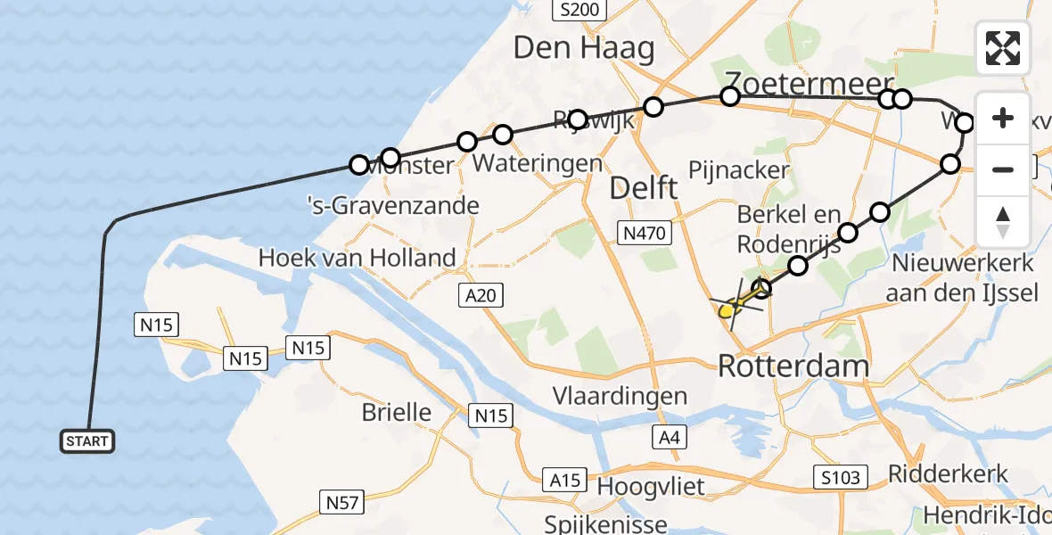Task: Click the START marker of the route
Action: (x=87, y=440)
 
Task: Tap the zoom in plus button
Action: (x=1003, y=119)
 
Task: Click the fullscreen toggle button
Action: (x=1003, y=48)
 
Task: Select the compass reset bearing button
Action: (x=1003, y=220)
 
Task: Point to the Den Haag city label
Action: (x=583, y=48)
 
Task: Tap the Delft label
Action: (x=643, y=188)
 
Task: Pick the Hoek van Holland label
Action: (x=357, y=259)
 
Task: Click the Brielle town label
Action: (x=397, y=413)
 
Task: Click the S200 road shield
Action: (x=579, y=11)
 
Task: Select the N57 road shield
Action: (x=341, y=503)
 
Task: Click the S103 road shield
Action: (x=841, y=478)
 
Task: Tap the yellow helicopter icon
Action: (x=731, y=309)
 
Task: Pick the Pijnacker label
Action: (x=739, y=170)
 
